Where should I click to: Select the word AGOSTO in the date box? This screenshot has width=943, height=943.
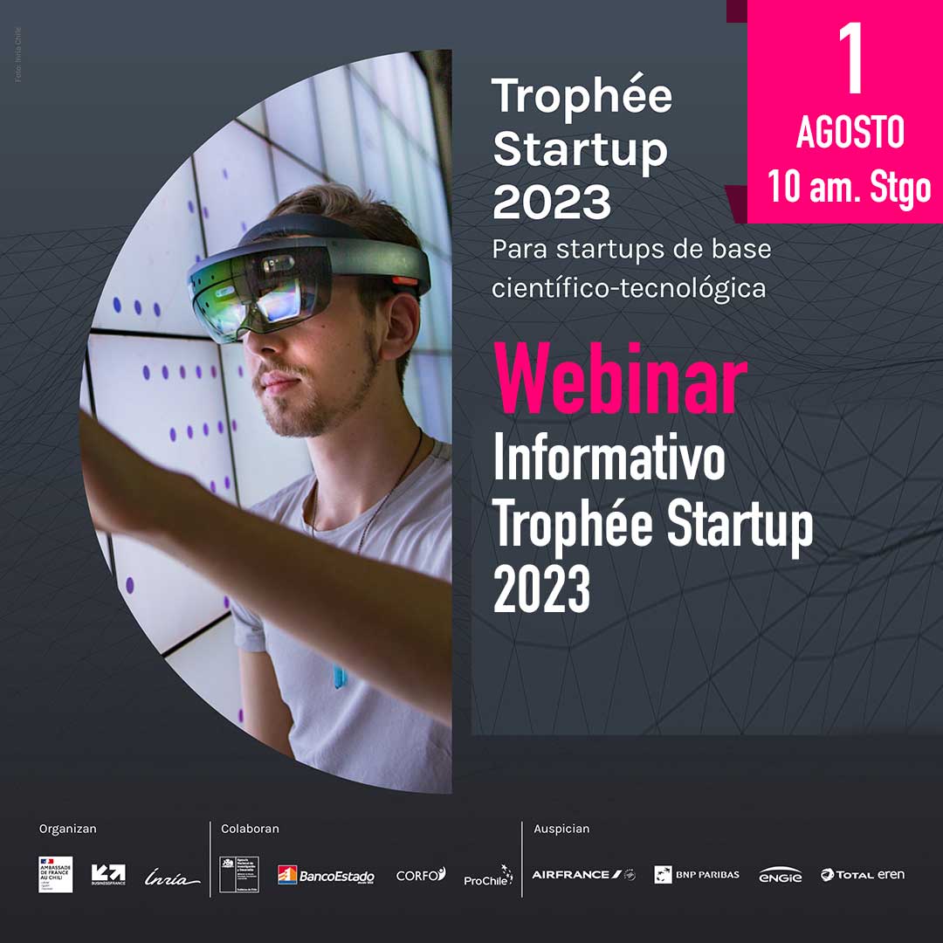[x=850, y=133]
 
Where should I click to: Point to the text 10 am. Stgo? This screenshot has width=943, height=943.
[x=850, y=186]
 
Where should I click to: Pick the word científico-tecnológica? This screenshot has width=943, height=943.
[x=629, y=288]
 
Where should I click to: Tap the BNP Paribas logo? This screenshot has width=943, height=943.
[x=697, y=874]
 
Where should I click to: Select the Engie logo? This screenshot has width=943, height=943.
[x=780, y=875]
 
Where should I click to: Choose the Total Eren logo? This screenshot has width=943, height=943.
[x=862, y=874]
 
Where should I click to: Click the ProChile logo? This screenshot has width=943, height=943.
[x=487, y=876]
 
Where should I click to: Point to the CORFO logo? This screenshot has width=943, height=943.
[x=421, y=874]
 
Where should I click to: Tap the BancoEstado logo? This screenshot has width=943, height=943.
[x=326, y=875]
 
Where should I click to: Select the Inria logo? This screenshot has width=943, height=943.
[x=172, y=877]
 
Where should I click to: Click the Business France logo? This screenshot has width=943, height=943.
[x=108, y=874]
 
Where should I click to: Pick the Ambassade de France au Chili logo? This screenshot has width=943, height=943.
[x=56, y=874]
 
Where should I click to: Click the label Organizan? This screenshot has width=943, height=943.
[x=68, y=829]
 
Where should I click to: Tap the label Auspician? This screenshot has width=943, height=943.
[x=561, y=829]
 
